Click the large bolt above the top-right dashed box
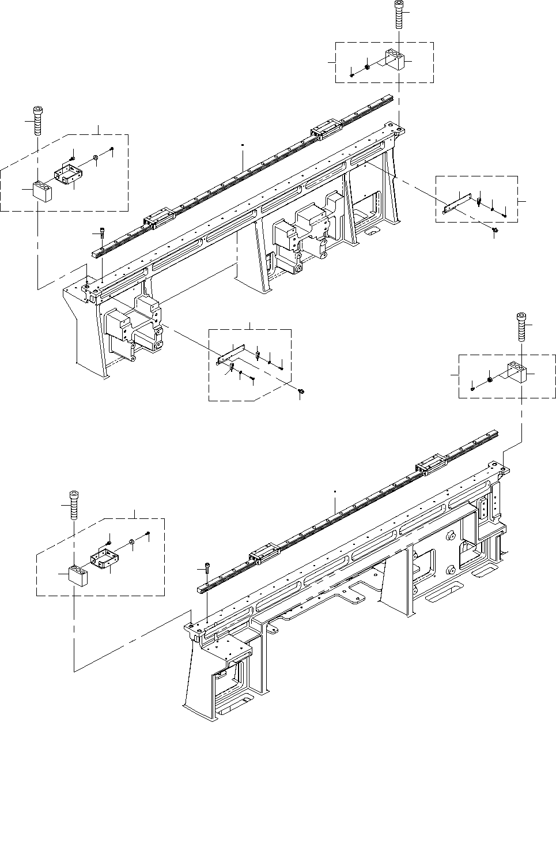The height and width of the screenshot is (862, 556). (399, 15)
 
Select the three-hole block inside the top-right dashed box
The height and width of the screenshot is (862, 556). (395, 59)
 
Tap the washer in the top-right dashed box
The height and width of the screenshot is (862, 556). (367, 67)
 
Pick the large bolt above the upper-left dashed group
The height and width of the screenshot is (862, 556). (38, 121)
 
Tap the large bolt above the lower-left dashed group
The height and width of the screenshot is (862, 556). (74, 503)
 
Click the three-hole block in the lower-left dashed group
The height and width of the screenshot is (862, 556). (77, 575)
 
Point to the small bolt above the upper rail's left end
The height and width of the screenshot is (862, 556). (101, 234)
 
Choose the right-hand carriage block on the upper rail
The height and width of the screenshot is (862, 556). (324, 130)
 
